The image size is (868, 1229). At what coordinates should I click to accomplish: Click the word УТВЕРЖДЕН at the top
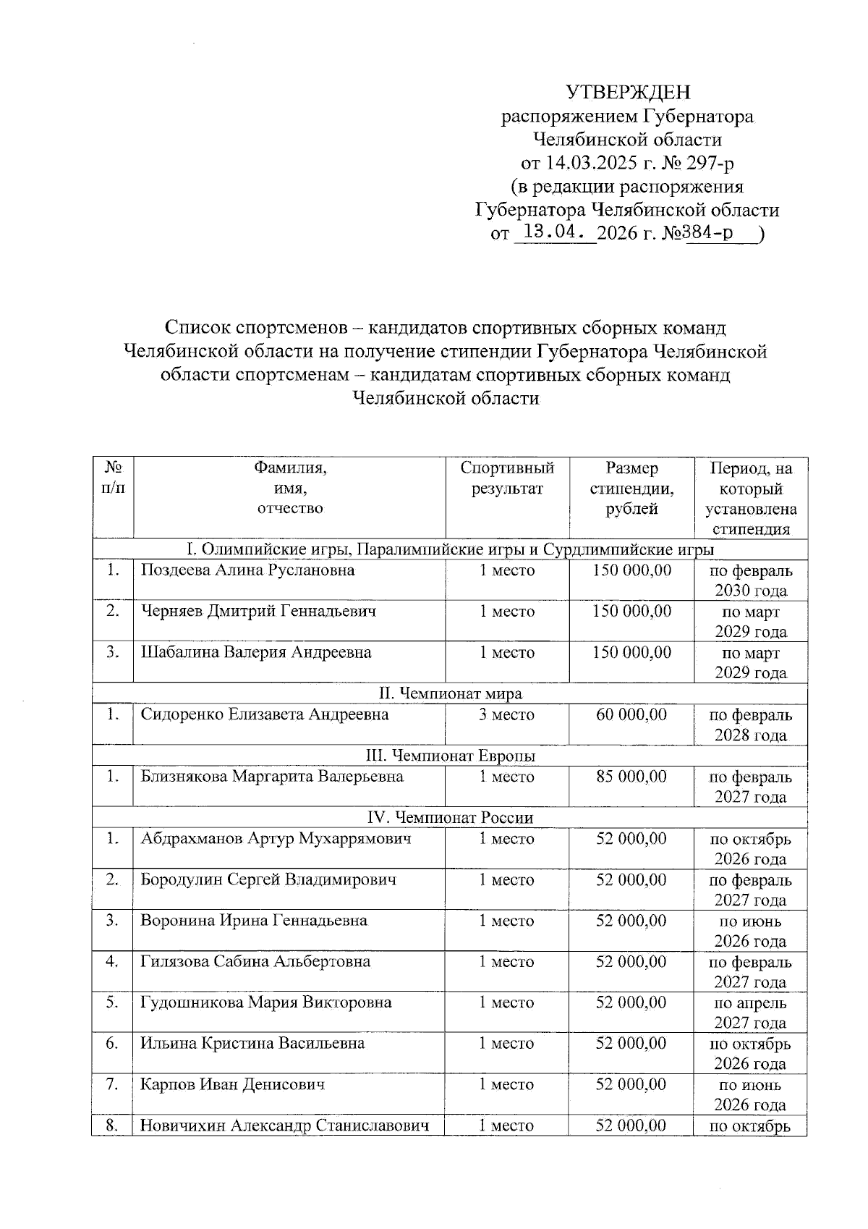point(627,92)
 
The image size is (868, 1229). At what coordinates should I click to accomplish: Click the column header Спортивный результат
point(507,478)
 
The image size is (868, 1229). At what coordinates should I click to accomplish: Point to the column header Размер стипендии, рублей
point(631,489)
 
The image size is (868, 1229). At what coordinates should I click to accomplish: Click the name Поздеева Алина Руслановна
point(247,570)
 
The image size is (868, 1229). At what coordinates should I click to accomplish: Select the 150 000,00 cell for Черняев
point(631,612)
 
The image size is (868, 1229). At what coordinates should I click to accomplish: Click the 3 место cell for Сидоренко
point(507,715)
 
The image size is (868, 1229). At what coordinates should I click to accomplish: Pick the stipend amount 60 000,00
point(631,715)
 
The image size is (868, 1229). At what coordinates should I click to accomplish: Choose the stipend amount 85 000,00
point(631,777)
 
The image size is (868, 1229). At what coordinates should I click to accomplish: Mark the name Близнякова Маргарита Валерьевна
point(272,777)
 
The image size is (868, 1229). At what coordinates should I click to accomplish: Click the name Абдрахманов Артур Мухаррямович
point(276,839)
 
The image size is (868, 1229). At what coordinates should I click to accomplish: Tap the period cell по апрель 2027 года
point(750,1013)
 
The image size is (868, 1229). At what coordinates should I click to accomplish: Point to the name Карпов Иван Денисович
point(232,1085)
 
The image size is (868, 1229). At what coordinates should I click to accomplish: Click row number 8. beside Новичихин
point(112,1125)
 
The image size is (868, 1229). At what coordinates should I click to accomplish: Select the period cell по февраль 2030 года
point(750,580)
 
